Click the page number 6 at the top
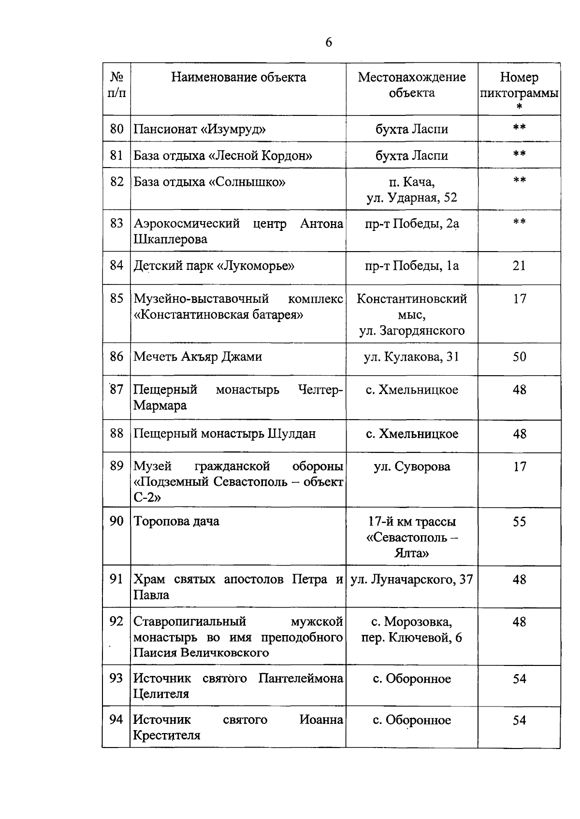pos(329,42)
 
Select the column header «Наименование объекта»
pos(238,77)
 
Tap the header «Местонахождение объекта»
pos(412,85)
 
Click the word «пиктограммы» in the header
pos(519,93)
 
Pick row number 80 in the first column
pos(116,129)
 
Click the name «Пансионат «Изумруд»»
pos(200,129)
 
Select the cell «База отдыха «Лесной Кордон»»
pos(223,155)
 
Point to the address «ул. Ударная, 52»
pos(412,198)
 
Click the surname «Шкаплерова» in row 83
pos(171,239)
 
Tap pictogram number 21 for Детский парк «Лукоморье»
pos(519,266)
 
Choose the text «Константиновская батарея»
pos(218,315)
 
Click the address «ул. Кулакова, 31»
pos(412,357)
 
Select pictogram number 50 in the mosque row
pos(519,357)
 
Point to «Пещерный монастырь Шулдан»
pos(225,434)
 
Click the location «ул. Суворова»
pos(412,466)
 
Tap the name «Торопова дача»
pos(176,522)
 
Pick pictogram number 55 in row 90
pos(519,522)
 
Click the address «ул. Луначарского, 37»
pos(412,579)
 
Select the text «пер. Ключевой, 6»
pos(412,637)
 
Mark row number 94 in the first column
pos(116,720)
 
